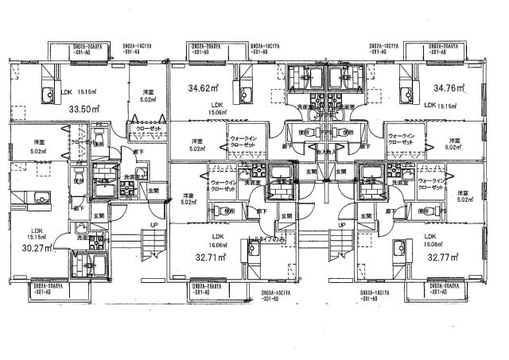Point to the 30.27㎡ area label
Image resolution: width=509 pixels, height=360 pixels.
click(x=38, y=247)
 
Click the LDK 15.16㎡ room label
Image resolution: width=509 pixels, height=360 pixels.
click(x=67, y=91)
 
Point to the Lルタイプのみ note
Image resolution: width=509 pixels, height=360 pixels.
click(x=266, y=238)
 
